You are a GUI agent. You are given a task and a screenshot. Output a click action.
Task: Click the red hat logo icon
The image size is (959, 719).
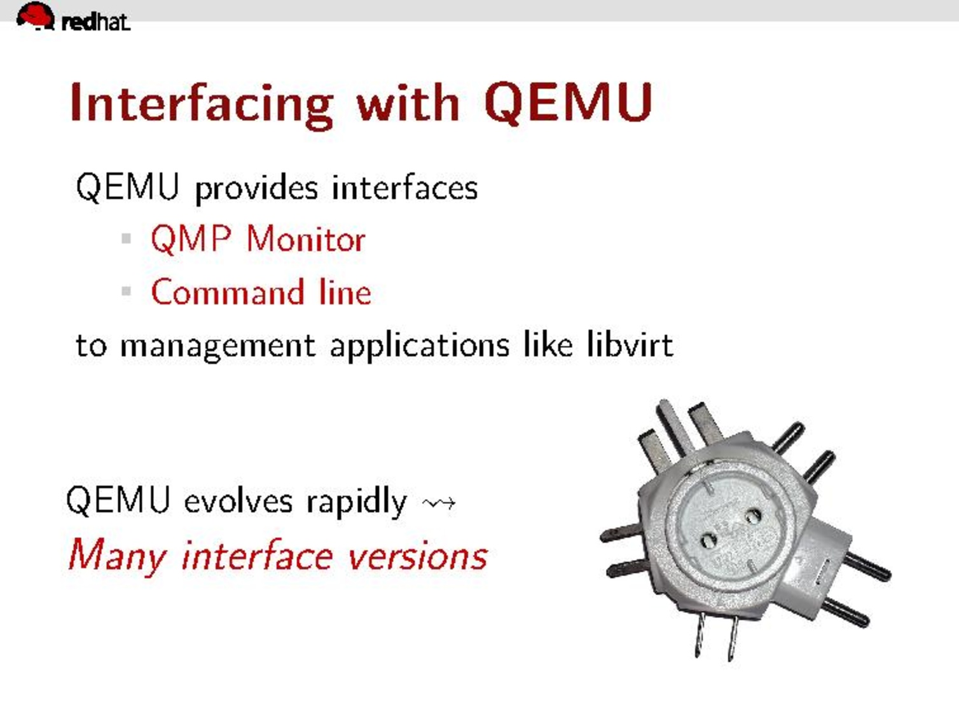36,16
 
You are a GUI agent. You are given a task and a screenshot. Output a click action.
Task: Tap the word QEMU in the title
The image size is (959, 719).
569,103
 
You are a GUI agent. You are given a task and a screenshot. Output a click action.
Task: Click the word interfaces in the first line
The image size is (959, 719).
404,188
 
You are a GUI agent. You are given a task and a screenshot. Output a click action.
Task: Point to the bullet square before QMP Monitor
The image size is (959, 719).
127,238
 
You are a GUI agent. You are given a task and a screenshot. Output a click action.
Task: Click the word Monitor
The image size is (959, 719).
306,239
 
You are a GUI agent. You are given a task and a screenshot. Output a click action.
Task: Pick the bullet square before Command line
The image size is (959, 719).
127,291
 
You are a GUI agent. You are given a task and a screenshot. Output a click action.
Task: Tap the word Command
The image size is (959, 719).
227,292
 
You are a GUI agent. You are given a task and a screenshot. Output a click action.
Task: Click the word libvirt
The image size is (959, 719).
630,345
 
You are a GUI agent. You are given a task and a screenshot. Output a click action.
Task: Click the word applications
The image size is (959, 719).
420,346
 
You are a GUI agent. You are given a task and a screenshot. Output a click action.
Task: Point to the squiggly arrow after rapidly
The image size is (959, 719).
439,503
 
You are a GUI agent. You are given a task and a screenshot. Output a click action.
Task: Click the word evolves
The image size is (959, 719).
238,502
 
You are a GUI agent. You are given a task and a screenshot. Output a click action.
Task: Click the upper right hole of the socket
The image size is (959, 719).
753,517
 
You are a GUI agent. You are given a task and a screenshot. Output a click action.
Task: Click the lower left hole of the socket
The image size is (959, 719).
708,542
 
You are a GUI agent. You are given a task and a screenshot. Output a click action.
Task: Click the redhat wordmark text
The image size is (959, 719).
95,22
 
